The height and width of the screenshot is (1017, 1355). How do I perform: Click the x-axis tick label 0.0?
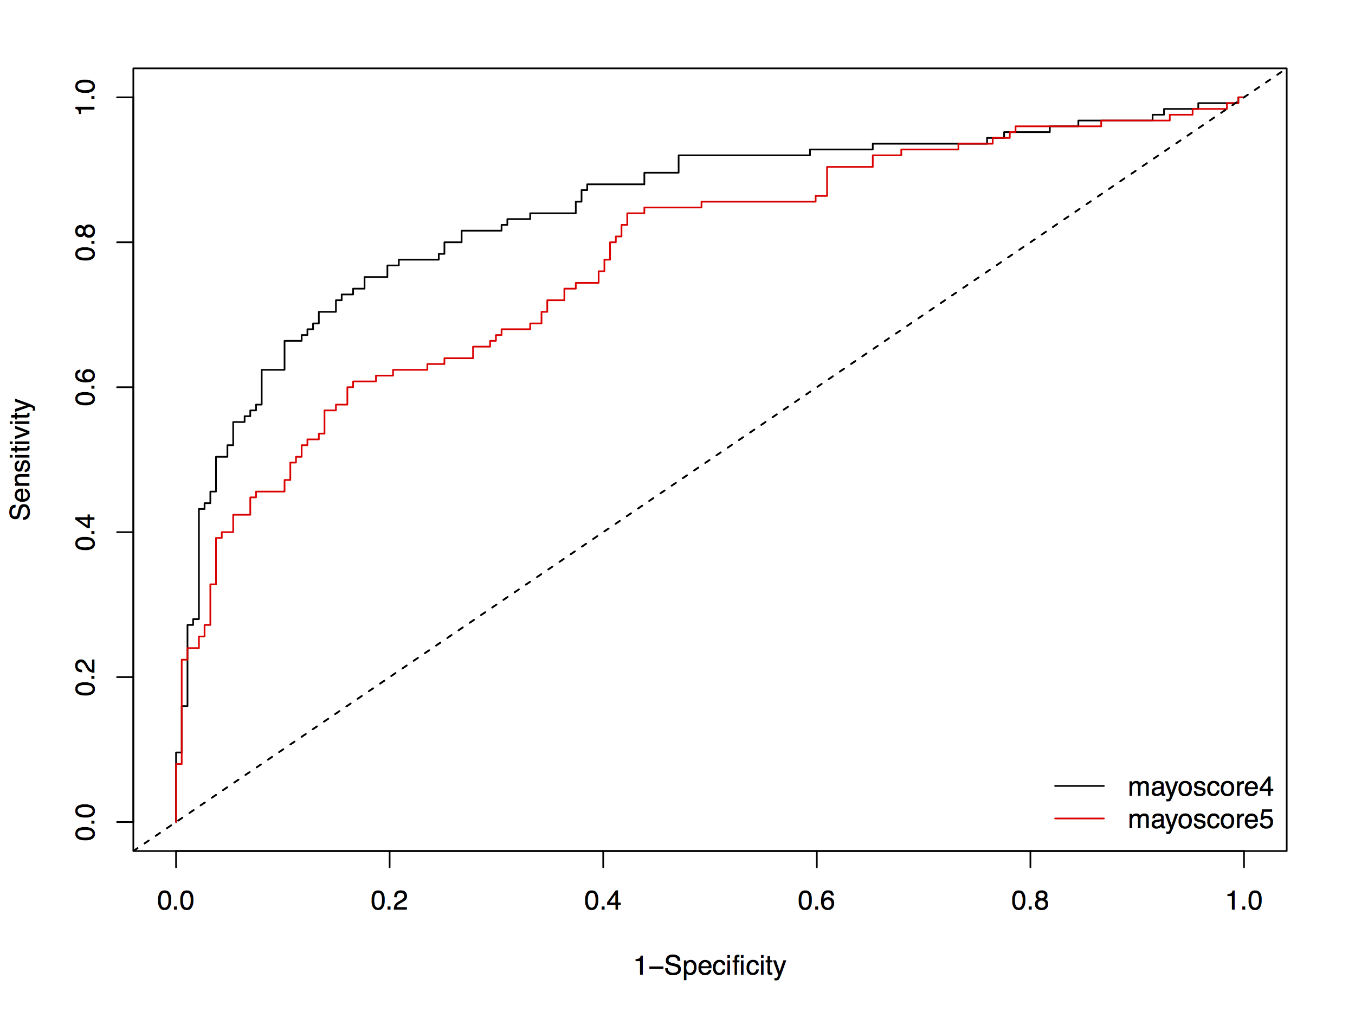click(175, 900)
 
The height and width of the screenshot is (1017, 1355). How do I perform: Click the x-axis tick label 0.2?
click(389, 900)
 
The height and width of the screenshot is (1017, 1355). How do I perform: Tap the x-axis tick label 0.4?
click(603, 900)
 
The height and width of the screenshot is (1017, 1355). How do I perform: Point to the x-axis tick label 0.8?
click(1030, 900)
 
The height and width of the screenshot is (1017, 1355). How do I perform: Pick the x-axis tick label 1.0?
click(1243, 900)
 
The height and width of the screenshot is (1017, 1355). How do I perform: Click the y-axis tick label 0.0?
click(86, 822)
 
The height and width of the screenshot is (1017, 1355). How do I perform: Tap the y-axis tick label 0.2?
click(86, 677)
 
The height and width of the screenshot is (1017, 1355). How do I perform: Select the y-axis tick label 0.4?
click(86, 532)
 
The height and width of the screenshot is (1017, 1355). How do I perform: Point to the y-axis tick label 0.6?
click(86, 387)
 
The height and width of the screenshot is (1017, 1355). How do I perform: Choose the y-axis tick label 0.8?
click(86, 242)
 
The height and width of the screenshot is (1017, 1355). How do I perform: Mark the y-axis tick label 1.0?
click(86, 97)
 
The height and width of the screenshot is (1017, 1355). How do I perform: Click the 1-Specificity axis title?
click(709, 965)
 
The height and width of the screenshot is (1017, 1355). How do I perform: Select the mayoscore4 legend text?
click(1200, 786)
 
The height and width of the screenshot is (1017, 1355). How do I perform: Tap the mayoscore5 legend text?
click(1200, 819)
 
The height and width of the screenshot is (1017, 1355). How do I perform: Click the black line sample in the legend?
click(1079, 786)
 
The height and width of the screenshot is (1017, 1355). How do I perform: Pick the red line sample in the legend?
click(1079, 818)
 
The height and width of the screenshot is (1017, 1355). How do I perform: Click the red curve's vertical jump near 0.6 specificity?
click(827, 182)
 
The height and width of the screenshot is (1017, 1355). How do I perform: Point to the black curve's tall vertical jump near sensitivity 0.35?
click(199, 564)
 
